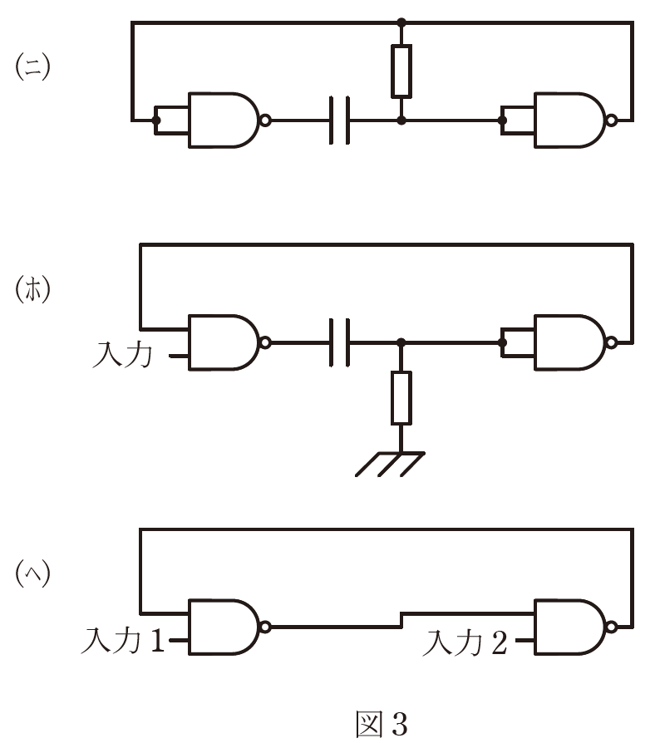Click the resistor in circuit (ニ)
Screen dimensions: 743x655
click(401, 71)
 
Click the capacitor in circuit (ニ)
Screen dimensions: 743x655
click(340, 121)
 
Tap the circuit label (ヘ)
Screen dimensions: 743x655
click(33, 574)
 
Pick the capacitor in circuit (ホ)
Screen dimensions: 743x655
click(340, 342)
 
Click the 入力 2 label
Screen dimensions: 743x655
click(465, 642)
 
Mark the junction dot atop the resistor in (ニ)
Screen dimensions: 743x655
click(401, 22)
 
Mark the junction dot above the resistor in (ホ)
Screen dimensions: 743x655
click(401, 342)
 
